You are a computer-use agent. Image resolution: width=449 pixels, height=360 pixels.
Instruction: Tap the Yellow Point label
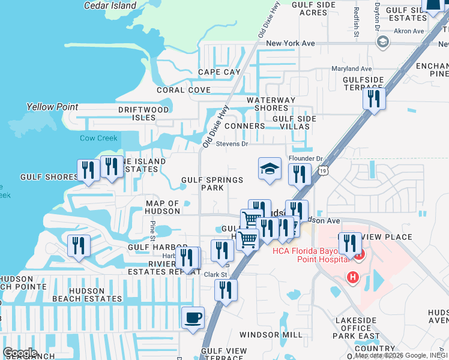pos(52,107)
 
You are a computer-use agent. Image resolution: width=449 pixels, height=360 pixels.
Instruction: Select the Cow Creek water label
pos(98,138)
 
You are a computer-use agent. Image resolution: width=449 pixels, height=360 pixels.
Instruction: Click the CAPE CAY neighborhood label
pos(219,72)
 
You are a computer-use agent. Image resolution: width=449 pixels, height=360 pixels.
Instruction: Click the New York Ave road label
pos(291,43)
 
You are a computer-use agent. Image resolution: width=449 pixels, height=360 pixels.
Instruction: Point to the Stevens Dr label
pos(232,144)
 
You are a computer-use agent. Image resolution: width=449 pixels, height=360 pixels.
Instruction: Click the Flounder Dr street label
pos(306,158)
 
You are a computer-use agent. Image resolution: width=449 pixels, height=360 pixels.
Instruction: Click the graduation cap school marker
pos(270,169)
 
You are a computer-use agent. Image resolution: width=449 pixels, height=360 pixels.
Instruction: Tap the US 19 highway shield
pos(323,171)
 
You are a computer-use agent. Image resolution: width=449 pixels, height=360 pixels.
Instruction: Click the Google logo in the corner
pos(20,353)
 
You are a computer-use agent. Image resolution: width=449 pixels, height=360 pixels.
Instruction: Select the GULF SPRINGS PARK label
pos(212,184)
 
